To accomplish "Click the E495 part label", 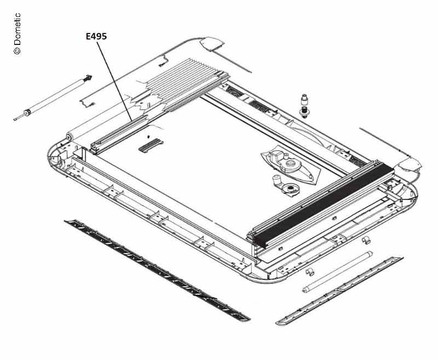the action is click(96, 36).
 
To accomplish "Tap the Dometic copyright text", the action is click(17, 33).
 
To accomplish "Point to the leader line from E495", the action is click(114, 81).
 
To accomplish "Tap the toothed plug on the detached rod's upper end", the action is click(88, 78).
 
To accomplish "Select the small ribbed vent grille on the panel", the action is click(151, 145).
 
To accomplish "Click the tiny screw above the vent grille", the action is click(148, 137).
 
